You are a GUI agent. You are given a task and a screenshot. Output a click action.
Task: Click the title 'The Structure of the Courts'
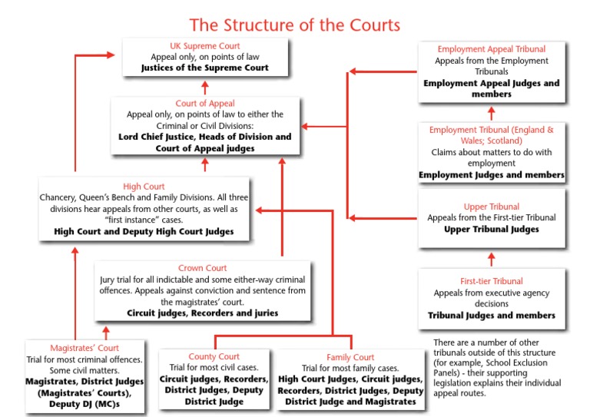[294, 25]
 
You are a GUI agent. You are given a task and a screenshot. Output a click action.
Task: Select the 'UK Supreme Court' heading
[204, 45]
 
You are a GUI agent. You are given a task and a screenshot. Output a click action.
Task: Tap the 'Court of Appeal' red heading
[204, 104]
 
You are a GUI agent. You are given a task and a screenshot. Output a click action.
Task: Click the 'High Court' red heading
[144, 186]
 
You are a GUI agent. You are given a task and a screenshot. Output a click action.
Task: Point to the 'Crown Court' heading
[204, 268]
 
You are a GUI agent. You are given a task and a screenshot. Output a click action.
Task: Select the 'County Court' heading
[214, 356]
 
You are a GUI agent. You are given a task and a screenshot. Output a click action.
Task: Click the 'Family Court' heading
[350, 357]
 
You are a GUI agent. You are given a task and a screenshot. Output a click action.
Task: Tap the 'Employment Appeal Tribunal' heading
[491, 48]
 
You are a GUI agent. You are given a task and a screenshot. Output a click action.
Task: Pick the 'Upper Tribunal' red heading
[492, 207]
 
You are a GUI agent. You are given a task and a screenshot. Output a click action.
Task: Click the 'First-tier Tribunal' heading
[492, 281]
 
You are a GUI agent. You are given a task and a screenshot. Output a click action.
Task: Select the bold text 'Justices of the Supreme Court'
[204, 68]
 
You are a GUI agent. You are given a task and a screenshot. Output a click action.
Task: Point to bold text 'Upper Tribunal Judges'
[492, 229]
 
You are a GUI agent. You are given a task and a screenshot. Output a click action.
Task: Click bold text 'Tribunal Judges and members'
[492, 315]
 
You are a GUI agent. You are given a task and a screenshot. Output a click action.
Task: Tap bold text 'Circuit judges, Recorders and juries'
[203, 313]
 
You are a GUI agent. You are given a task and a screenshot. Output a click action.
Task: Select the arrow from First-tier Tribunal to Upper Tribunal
[492, 258]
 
